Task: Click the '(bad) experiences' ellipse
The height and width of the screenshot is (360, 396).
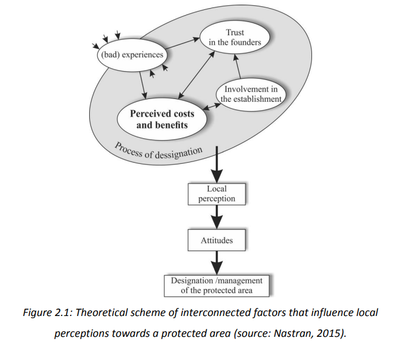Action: click(x=131, y=56)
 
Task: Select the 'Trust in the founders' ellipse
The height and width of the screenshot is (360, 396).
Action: click(x=235, y=38)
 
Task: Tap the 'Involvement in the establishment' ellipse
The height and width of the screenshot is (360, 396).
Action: click(x=251, y=93)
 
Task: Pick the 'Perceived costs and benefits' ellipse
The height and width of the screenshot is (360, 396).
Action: click(x=162, y=119)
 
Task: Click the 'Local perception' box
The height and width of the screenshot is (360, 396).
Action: click(x=217, y=194)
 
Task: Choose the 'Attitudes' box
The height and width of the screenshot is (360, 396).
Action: click(x=217, y=240)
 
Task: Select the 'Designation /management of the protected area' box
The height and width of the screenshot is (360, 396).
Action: click(x=217, y=285)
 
